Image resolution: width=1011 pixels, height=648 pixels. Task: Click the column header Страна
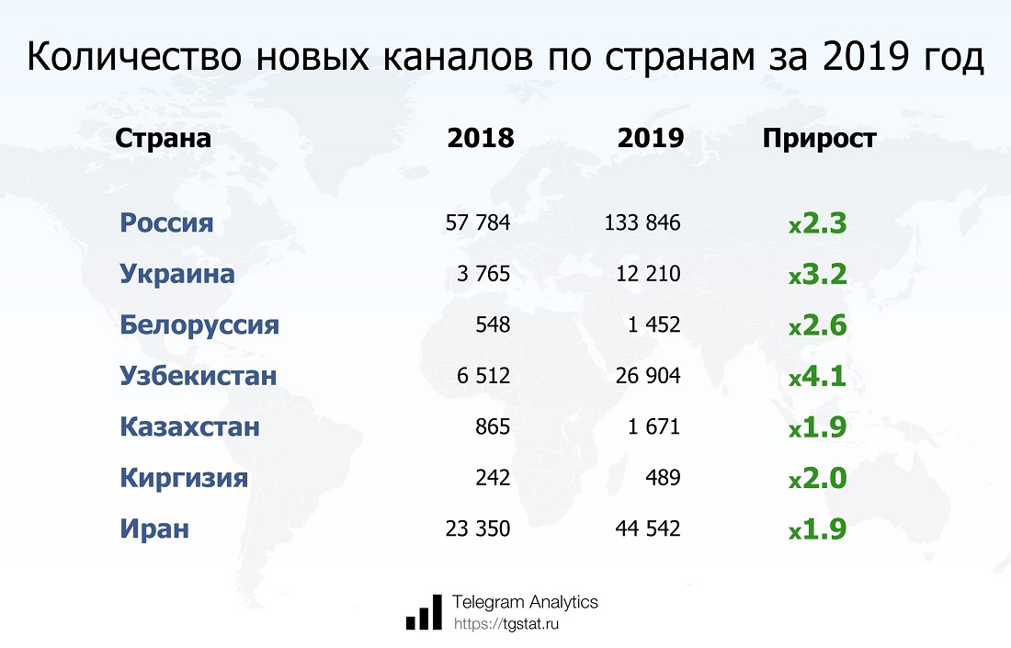coord(163,139)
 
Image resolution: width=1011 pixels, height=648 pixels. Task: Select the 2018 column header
coord(480,139)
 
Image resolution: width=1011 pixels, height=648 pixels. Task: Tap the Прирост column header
coord(819,139)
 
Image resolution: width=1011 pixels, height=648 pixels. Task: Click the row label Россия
coord(166,222)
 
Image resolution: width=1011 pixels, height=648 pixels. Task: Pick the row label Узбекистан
coord(198,376)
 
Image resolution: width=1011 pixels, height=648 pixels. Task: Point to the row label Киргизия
coord(184,478)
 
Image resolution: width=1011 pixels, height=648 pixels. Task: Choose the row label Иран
coord(153,529)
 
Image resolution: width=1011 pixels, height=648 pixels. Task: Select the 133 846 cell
coord(642,222)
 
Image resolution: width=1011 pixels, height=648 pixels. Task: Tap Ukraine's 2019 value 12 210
coord(648,274)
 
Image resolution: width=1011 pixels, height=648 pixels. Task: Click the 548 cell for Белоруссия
coord(493,325)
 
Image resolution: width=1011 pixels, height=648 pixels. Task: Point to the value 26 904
coord(648,376)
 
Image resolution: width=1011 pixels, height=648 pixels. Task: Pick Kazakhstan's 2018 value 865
coord(493,427)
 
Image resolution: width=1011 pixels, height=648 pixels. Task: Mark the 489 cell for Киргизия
coord(664,478)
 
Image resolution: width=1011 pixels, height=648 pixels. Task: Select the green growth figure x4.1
coord(817,376)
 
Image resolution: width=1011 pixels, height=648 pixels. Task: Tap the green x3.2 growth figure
coord(817,274)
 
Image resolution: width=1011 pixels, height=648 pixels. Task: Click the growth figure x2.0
coord(817,478)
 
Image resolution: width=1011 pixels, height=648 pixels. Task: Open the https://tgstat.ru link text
coord(506,624)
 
